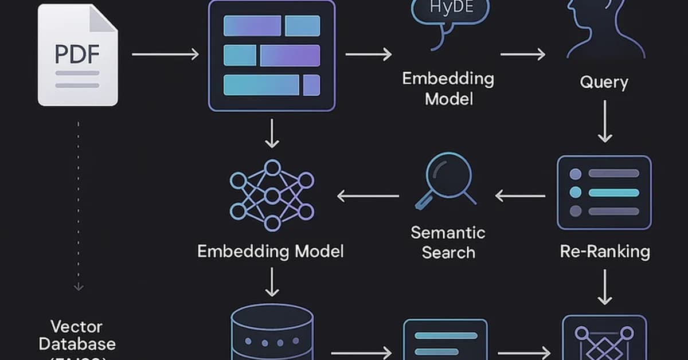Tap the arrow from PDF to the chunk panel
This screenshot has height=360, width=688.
click(x=165, y=54)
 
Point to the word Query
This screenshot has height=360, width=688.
click(x=604, y=82)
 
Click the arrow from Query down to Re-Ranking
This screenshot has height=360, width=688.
click(x=604, y=122)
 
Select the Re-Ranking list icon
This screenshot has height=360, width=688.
click(x=604, y=192)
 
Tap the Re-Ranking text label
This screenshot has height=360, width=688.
click(x=604, y=251)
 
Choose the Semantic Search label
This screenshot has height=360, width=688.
click(x=448, y=242)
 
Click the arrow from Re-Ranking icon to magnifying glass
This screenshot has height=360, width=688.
click(x=519, y=196)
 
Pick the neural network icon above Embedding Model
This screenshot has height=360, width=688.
click(x=272, y=195)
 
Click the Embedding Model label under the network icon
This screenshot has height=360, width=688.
click(x=270, y=251)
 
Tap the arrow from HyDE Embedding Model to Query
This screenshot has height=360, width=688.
click(x=522, y=54)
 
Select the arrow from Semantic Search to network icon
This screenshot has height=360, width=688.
click(x=368, y=196)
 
